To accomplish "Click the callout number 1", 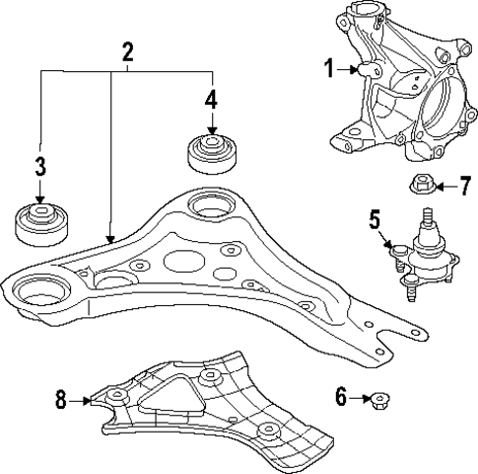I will point(329,68).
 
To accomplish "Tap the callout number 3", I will point(39,166).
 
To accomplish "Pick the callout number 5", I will point(376,218).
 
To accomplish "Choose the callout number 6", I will point(340,398).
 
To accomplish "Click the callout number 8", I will point(61,400).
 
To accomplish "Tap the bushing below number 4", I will point(210,155).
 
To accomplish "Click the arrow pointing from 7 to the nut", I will point(446,185).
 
